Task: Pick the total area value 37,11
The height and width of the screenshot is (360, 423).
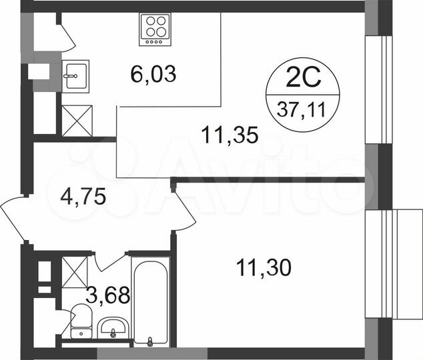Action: tap(304, 109)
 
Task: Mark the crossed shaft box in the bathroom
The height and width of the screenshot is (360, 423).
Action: tap(75, 271)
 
